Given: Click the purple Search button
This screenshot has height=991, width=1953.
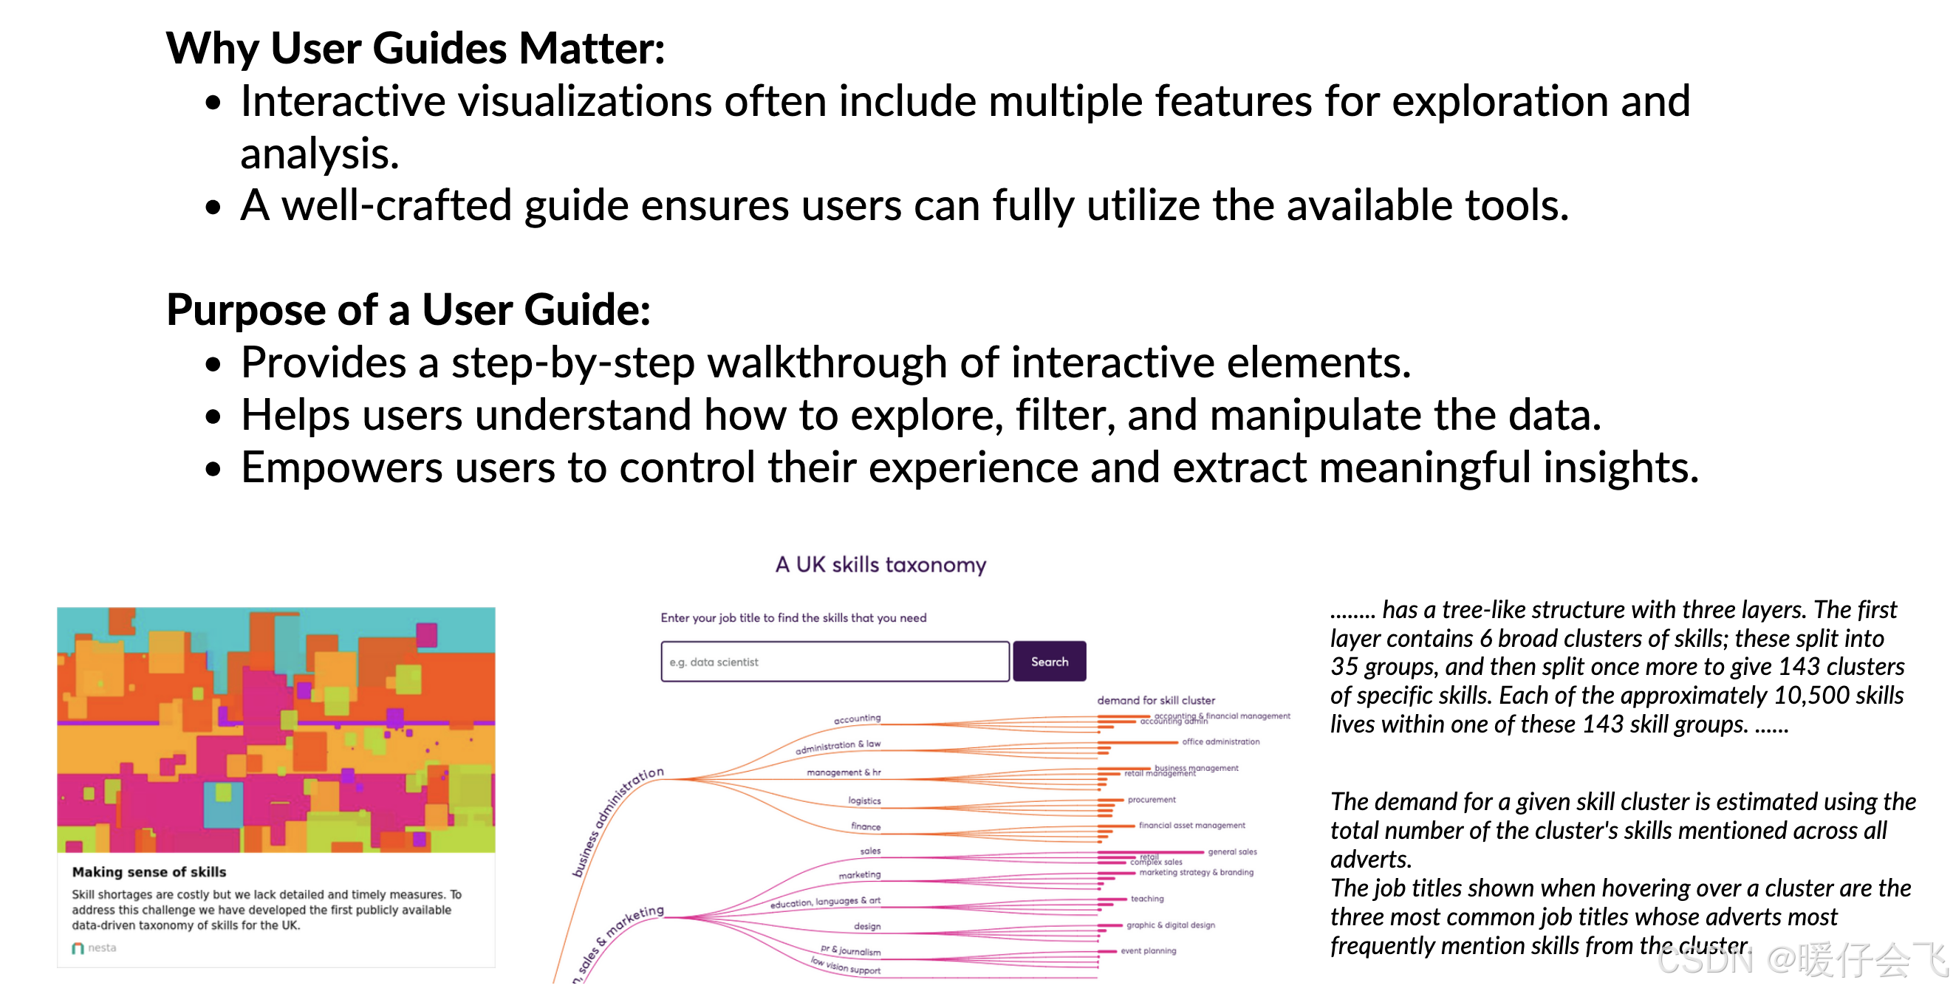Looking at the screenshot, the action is (x=1049, y=661).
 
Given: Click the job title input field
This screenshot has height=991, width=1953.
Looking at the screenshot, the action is (x=834, y=661).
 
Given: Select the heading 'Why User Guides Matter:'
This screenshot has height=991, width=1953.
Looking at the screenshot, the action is (x=415, y=49).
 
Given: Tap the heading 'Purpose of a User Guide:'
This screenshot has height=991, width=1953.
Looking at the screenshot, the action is (x=408, y=309).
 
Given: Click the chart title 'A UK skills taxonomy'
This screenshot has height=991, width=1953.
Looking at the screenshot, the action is (x=880, y=565).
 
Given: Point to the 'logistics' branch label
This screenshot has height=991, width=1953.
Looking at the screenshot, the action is (x=864, y=800).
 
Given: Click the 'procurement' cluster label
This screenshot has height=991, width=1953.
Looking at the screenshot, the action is (x=1152, y=800).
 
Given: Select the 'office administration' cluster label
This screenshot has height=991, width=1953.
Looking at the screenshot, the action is (x=1220, y=742).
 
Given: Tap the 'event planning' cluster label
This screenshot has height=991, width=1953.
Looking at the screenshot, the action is (x=1149, y=951).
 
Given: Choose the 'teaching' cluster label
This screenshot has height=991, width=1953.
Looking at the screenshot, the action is (x=1147, y=899).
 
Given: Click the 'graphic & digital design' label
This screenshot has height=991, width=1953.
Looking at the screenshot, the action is (x=1171, y=926).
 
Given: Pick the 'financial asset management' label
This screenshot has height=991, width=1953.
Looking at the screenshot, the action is (x=1191, y=826).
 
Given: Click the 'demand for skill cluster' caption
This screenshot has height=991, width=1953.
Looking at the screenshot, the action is (x=1155, y=701).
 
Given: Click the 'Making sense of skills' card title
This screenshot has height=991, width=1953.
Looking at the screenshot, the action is (x=149, y=872).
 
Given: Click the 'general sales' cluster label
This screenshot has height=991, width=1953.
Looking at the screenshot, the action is (x=1232, y=852).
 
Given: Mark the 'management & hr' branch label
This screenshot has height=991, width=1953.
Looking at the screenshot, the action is (x=843, y=772).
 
